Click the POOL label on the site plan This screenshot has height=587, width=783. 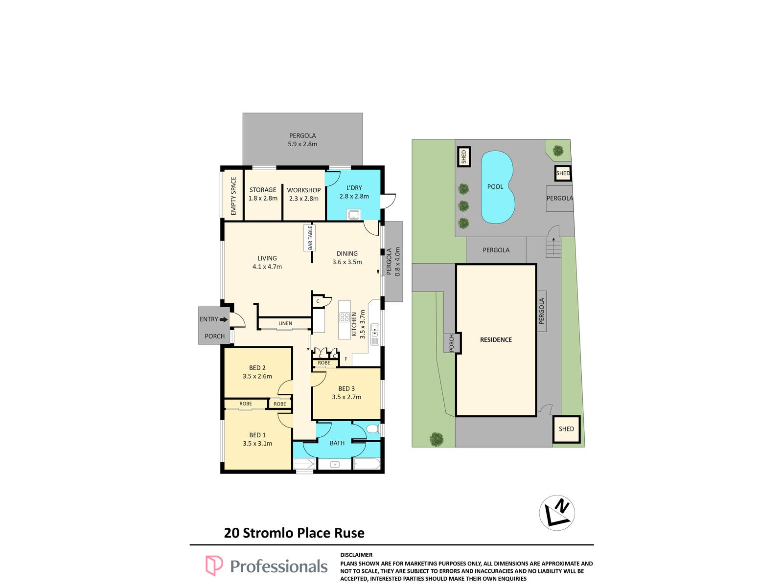[495, 187]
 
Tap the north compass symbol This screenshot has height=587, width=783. [556, 513]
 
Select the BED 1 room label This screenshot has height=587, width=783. [257, 435]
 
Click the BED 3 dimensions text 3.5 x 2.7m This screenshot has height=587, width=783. [346, 397]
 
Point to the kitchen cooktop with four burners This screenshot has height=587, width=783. [344, 317]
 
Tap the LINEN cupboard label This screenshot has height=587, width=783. [285, 323]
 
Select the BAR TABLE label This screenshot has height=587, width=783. [310, 237]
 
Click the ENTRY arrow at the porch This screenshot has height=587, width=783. [224, 319]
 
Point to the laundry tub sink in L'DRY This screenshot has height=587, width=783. [353, 215]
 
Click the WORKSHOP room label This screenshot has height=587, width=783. [303, 190]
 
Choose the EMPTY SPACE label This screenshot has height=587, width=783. [233, 196]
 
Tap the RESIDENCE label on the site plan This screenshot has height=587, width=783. [495, 339]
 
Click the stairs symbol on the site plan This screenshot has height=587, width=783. [553, 247]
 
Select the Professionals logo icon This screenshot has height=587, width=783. [214, 565]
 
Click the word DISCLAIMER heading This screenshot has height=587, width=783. [356, 555]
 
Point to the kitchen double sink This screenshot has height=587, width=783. [374, 331]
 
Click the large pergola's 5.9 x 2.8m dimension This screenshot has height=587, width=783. [302, 144]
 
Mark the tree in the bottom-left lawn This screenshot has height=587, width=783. [436, 439]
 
